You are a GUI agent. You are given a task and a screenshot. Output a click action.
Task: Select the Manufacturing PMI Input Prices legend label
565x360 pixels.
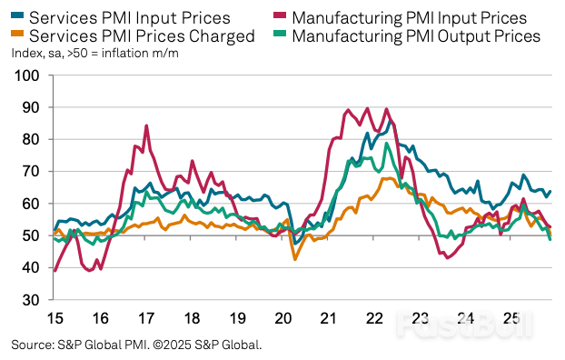pos(410,17)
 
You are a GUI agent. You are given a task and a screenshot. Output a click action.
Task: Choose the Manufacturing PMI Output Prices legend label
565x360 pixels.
pos(416,36)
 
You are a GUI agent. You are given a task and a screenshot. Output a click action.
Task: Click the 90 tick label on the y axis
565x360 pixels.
pos(28,108)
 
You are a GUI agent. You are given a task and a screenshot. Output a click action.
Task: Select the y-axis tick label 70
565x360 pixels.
pos(28,172)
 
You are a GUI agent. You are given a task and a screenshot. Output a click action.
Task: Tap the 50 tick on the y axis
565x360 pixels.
pos(28,235)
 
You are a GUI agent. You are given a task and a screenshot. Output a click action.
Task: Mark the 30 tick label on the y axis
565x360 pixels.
pos(28,300)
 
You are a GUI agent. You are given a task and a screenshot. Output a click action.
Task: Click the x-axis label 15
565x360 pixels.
pos(54,318)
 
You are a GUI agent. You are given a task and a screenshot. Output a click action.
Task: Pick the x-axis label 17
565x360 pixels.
pos(145,318)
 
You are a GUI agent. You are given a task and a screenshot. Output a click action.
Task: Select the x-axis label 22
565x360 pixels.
pos(374,318)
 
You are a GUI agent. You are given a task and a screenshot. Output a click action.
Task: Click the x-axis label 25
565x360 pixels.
pos(511,318)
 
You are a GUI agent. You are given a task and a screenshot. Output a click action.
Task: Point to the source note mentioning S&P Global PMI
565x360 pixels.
pos(136,345)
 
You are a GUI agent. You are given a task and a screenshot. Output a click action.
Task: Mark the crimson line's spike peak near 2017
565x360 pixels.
pos(146,125)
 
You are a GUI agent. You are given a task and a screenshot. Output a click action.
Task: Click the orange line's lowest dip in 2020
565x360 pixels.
pos(295,260)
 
